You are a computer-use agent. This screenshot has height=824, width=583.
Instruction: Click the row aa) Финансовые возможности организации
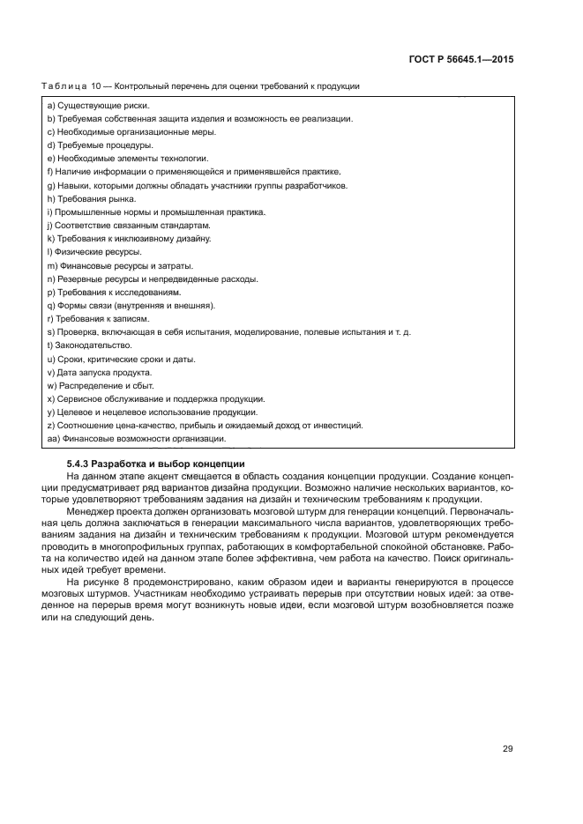pos(137,438)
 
